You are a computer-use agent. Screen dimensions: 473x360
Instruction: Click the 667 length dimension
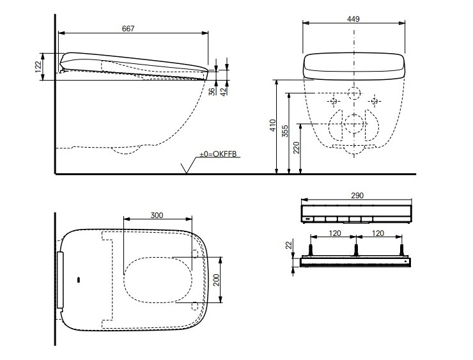coord(128,29)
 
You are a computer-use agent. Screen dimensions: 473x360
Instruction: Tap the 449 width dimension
coord(353,19)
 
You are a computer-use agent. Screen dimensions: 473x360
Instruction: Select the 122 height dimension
coord(38,67)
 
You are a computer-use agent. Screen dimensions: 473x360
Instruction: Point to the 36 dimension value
coord(213,91)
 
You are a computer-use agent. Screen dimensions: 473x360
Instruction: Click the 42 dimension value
coord(224,91)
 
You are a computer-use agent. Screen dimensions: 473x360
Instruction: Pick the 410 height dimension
coord(273,125)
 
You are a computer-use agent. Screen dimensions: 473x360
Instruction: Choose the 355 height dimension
coord(285,131)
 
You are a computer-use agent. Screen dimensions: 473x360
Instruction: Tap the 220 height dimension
coord(297,148)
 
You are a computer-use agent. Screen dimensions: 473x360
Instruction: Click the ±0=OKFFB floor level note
coord(218,154)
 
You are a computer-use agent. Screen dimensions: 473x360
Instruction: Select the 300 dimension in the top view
coord(157,215)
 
